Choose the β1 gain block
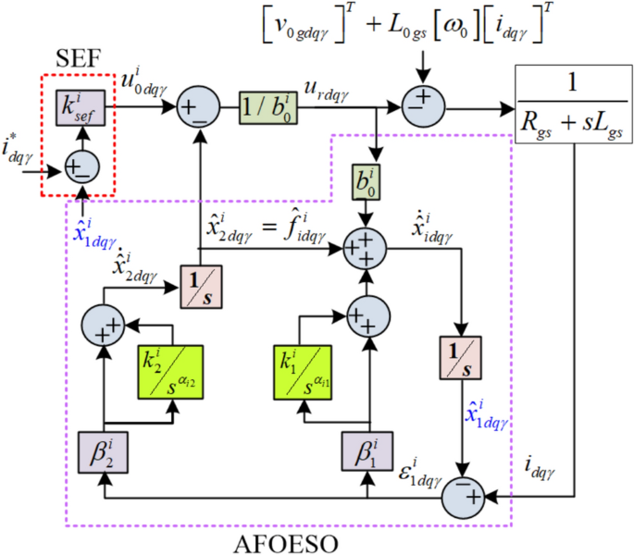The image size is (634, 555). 367,452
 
